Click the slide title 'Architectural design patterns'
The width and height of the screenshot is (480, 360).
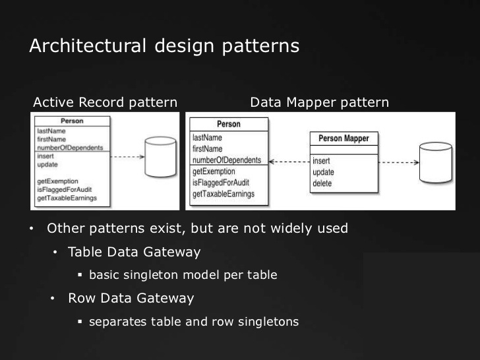click(x=164, y=46)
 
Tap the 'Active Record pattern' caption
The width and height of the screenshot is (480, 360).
click(x=105, y=103)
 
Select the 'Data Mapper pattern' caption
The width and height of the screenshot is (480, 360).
click(x=320, y=103)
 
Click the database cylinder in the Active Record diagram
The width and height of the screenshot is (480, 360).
click(x=160, y=157)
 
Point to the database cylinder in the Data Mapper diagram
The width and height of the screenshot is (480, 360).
click(x=436, y=163)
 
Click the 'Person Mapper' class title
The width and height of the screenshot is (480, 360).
click(x=344, y=138)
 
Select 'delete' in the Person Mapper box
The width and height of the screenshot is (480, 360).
click(x=322, y=183)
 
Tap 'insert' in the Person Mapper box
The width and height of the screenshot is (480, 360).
click(x=321, y=161)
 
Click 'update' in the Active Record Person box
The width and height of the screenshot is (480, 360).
click(x=47, y=165)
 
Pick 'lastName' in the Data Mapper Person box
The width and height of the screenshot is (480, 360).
click(x=207, y=137)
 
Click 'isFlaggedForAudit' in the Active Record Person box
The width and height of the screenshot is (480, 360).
click(x=65, y=189)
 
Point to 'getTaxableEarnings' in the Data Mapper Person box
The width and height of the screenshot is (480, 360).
click(x=224, y=194)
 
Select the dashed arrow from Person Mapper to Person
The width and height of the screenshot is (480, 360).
click(x=289, y=162)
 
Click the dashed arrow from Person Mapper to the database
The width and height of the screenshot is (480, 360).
click(x=399, y=162)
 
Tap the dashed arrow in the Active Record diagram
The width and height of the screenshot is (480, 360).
click(x=127, y=157)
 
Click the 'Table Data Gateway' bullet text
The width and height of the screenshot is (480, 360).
click(x=134, y=253)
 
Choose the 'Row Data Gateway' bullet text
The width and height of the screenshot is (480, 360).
click(x=131, y=298)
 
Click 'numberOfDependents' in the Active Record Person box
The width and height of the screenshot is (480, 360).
click(x=70, y=148)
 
